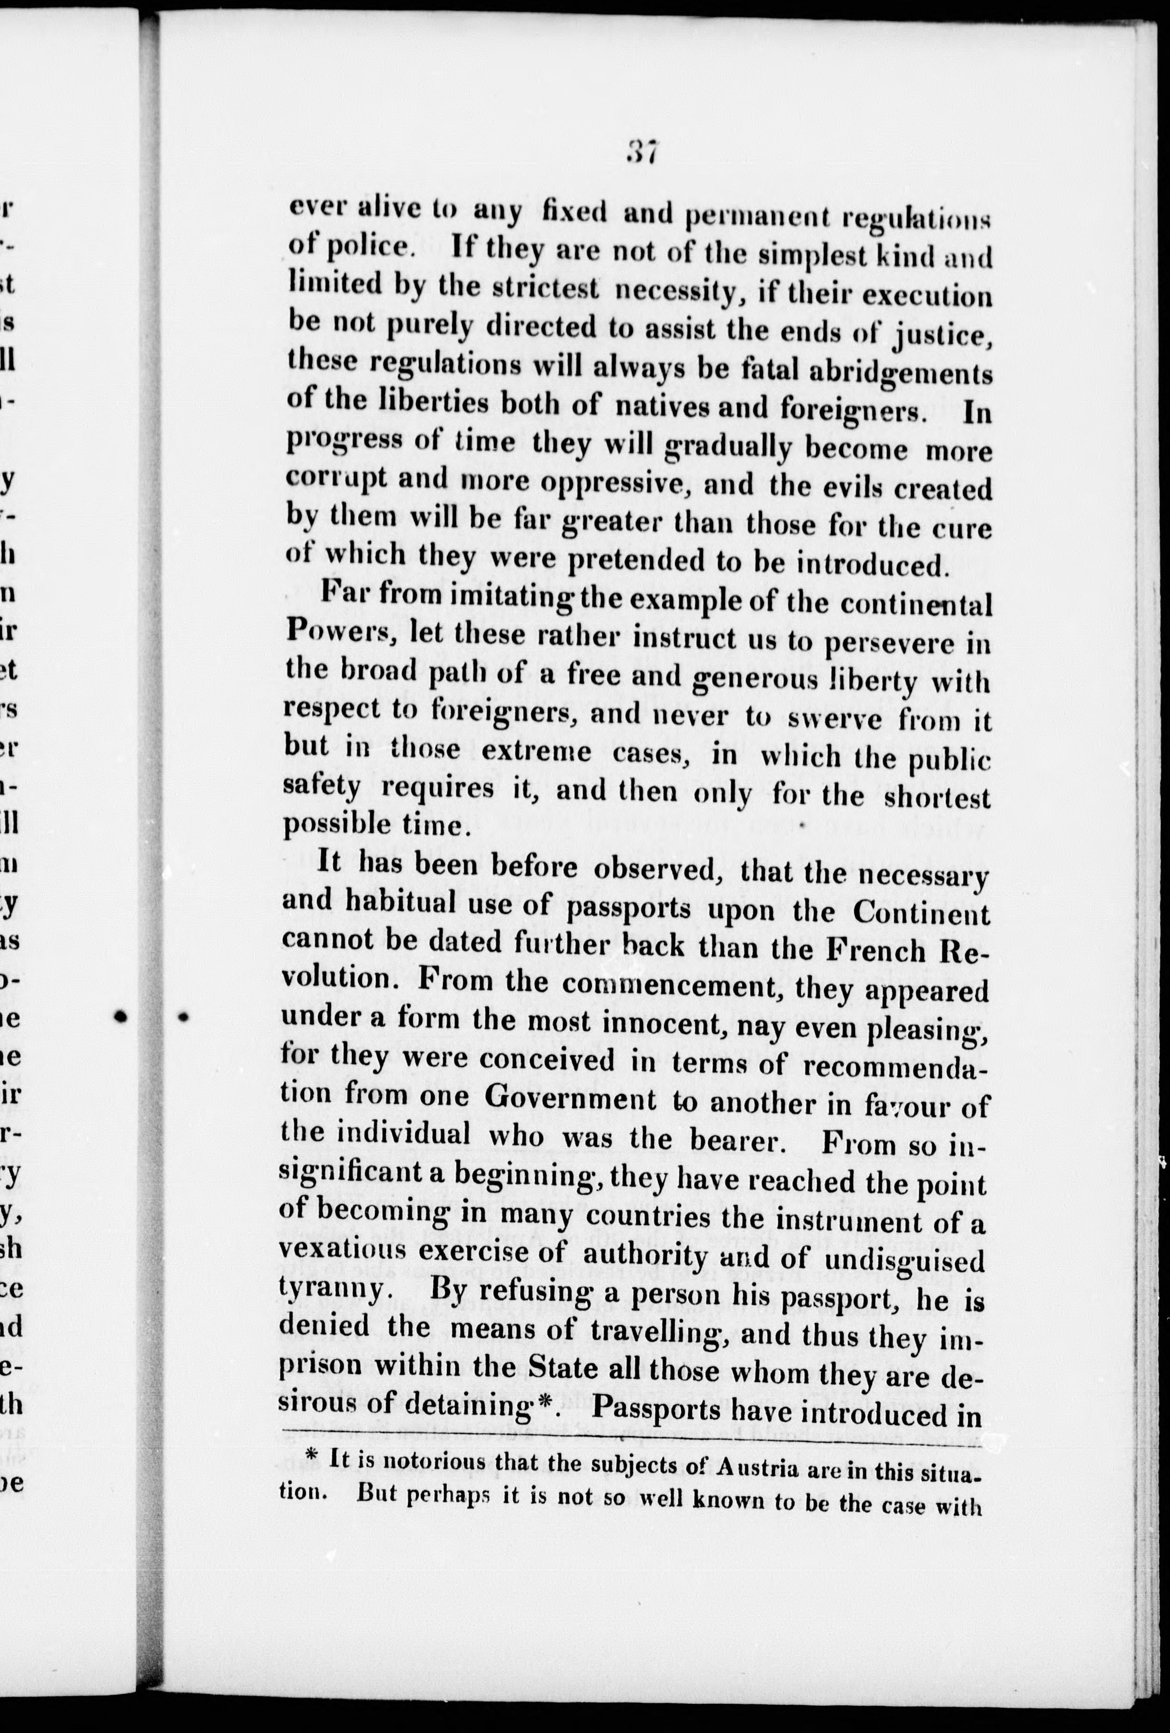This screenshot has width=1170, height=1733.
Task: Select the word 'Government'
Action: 571,1098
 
